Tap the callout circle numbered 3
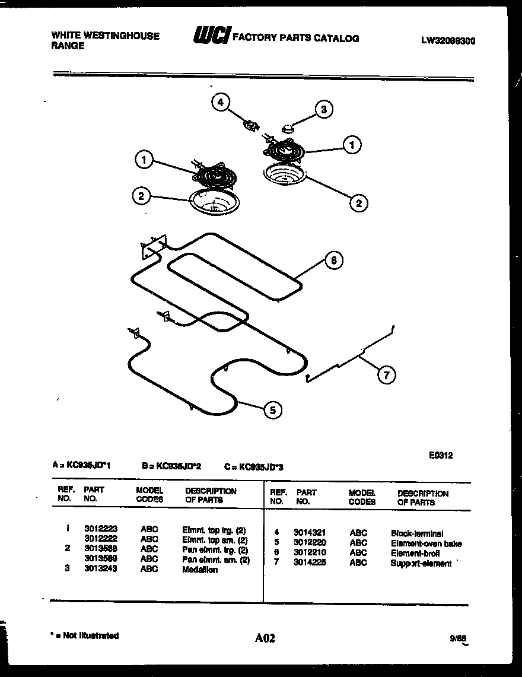click(x=323, y=109)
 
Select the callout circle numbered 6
click(x=334, y=260)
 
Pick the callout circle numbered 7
click(x=386, y=374)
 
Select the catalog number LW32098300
click(x=448, y=41)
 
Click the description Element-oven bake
click(x=425, y=543)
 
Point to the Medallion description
click(x=200, y=570)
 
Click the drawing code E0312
click(x=441, y=456)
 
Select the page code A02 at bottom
click(x=265, y=638)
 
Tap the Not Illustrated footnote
click(x=85, y=635)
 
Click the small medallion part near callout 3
click(x=288, y=126)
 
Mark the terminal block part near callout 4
click(x=251, y=125)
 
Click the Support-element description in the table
click(x=421, y=563)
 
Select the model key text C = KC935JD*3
click(x=254, y=467)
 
